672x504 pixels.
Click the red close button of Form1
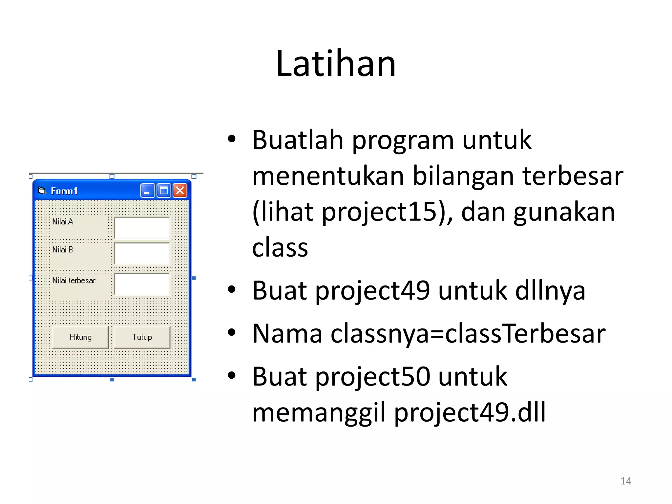180,191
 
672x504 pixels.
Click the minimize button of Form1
147,191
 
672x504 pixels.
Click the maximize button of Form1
163,191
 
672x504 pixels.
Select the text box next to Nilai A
142,228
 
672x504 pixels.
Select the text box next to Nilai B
142,253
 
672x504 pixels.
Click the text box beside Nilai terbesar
142,284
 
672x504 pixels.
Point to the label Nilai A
63,222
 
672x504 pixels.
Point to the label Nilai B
62,250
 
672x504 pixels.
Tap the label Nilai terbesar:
74,281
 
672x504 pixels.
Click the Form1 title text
64,191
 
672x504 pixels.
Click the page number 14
625,481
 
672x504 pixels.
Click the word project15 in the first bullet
383,212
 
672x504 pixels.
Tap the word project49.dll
470,412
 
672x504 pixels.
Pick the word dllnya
550,291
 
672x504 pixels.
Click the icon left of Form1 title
42,190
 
